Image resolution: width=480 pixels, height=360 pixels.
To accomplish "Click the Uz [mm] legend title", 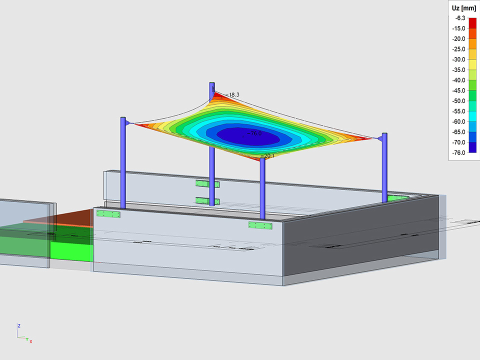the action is [463, 8].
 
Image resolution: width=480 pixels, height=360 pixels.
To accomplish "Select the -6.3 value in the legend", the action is [460, 18].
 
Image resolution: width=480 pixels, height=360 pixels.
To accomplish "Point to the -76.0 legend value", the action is [458, 153].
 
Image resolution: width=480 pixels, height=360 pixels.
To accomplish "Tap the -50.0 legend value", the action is [458, 101].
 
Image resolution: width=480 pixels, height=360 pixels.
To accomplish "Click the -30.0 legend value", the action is [458, 59].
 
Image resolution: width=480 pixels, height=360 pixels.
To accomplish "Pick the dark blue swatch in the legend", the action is [472, 147].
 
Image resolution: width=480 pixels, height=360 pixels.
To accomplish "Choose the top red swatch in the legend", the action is [472, 23].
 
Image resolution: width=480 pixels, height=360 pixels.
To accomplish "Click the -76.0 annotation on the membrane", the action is [254, 133].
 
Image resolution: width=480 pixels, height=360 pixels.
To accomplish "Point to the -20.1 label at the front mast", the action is [267, 156].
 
